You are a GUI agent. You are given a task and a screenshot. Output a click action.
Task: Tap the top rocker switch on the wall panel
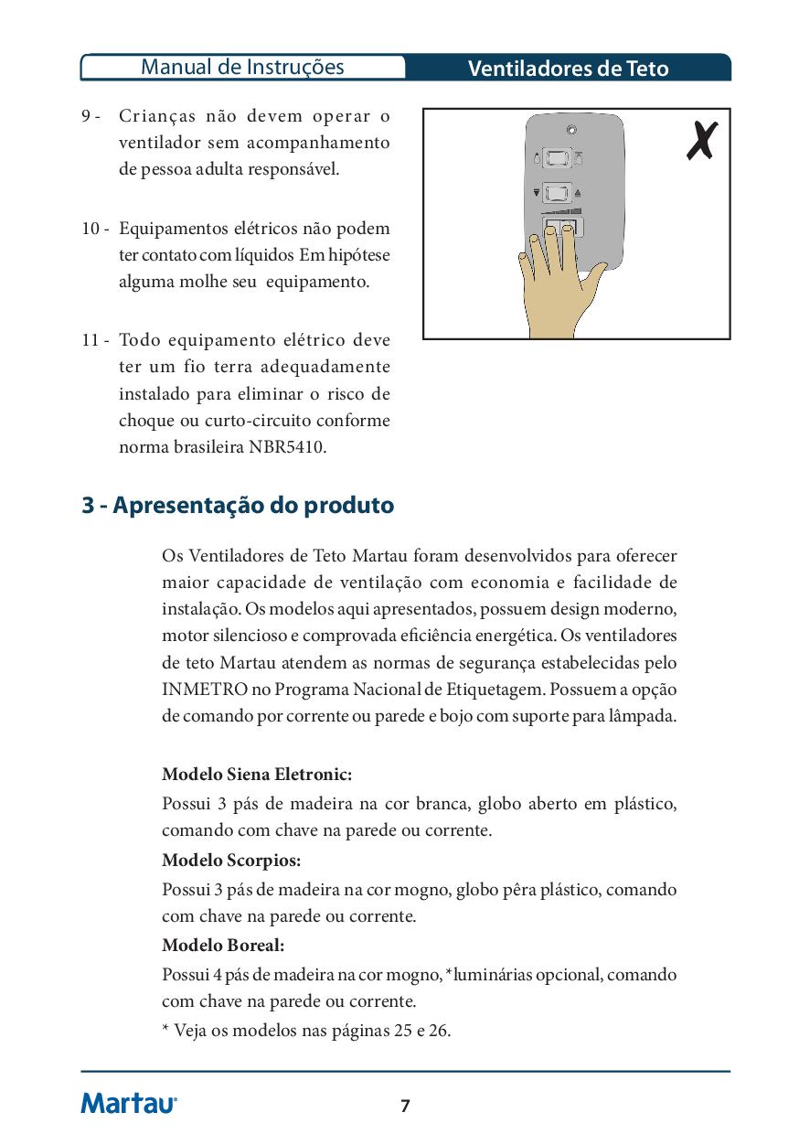557,160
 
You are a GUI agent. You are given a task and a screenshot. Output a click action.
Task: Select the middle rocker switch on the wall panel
557,193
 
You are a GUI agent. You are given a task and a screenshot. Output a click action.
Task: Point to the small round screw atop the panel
571,130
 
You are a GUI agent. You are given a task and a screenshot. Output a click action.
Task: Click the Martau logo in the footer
129,1104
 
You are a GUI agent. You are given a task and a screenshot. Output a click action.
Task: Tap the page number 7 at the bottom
405,1107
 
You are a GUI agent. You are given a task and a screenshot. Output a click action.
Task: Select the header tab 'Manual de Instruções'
243,68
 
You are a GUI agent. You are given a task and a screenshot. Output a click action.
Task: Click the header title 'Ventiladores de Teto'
568,69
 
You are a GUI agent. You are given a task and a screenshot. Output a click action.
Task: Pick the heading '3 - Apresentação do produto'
238,505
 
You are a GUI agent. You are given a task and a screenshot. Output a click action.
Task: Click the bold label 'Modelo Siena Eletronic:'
257,775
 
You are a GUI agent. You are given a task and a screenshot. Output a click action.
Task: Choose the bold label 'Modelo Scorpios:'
231,861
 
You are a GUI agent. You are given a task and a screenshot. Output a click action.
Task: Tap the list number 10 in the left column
93,228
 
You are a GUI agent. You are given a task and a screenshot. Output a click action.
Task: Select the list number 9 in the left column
88,116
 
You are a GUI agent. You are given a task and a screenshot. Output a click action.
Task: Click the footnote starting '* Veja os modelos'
306,1030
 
